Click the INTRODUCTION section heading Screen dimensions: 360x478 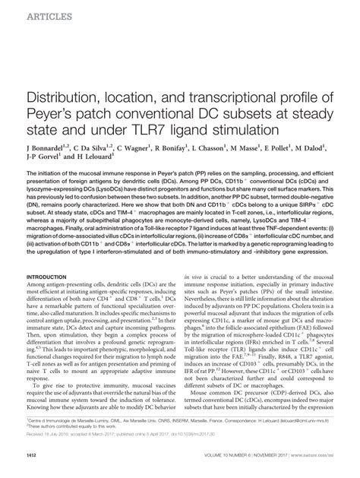48,277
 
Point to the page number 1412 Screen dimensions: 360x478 34,466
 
